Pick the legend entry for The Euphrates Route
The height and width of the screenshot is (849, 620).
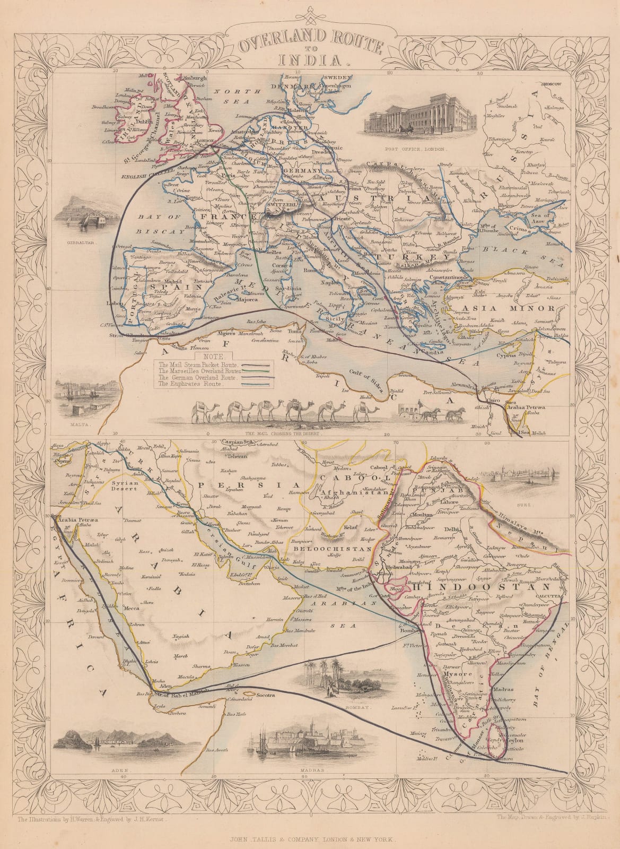click(192, 384)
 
